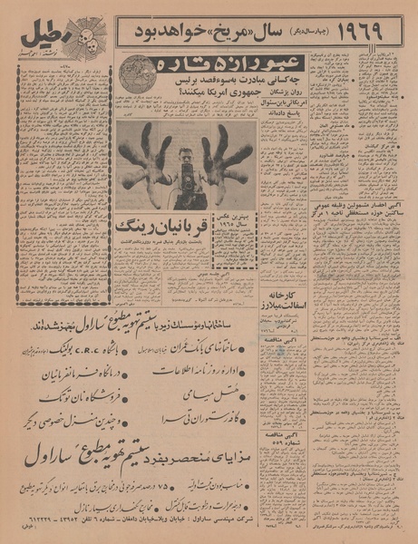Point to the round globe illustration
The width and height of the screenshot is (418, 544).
click(139, 73)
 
